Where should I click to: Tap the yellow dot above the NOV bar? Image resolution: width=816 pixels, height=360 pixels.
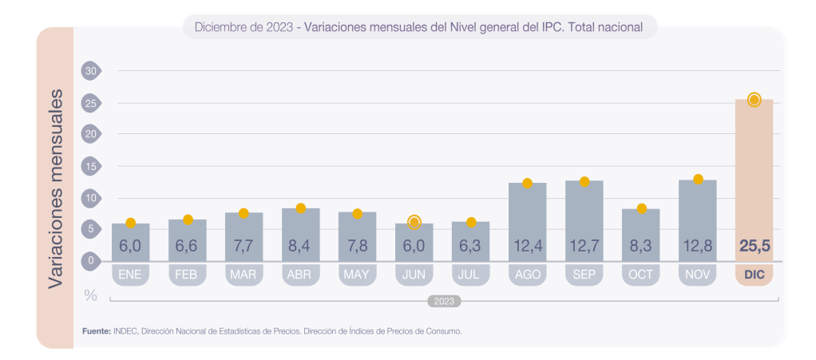[698, 179]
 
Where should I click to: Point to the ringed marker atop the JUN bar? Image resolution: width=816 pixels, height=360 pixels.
[414, 222]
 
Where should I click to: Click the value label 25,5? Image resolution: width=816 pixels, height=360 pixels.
[754, 246]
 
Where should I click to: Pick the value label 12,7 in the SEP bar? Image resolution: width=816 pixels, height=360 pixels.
[584, 246]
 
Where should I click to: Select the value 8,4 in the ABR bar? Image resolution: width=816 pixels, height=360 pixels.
[300, 246]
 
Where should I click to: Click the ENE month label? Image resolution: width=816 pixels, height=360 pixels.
[130, 275]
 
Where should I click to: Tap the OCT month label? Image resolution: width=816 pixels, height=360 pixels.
[640, 275]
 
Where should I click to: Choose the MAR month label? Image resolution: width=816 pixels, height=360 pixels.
[244, 275]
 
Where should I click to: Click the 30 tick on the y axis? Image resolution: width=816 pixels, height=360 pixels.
[90, 71]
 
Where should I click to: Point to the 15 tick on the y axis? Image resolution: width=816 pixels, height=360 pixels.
[90, 166]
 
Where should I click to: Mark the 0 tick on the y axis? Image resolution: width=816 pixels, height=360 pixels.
[90, 260]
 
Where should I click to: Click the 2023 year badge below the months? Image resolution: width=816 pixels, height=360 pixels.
[444, 302]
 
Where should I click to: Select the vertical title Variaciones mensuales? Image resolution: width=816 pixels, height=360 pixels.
[56, 188]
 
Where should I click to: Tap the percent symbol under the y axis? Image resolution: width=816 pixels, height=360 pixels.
[90, 295]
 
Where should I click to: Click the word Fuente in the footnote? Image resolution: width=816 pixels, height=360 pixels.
[96, 330]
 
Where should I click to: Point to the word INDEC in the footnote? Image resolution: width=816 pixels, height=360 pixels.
[125, 330]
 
